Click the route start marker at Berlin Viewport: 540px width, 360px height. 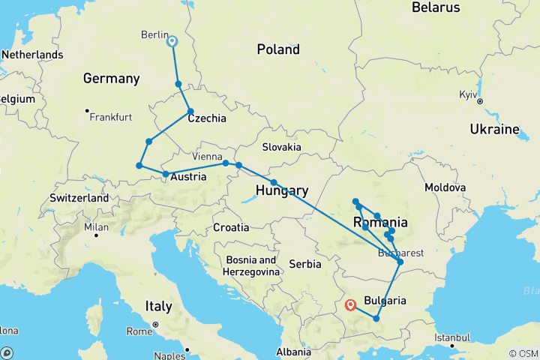click(x=172, y=42)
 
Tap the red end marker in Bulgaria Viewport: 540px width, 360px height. click(x=350, y=305)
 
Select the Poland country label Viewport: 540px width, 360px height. click(x=278, y=50)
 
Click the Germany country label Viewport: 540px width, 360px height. click(x=112, y=79)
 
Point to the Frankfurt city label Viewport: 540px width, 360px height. click(x=110, y=118)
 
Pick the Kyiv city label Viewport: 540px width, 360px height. click(x=470, y=97)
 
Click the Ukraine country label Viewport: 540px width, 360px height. click(x=494, y=129)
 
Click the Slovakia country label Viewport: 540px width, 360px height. click(x=281, y=147)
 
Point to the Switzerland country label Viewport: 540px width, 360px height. click(x=79, y=198)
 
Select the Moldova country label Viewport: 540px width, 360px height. click(x=445, y=186)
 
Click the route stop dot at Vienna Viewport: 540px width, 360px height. click(x=226, y=163)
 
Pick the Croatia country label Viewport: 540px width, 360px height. click(x=230, y=226)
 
